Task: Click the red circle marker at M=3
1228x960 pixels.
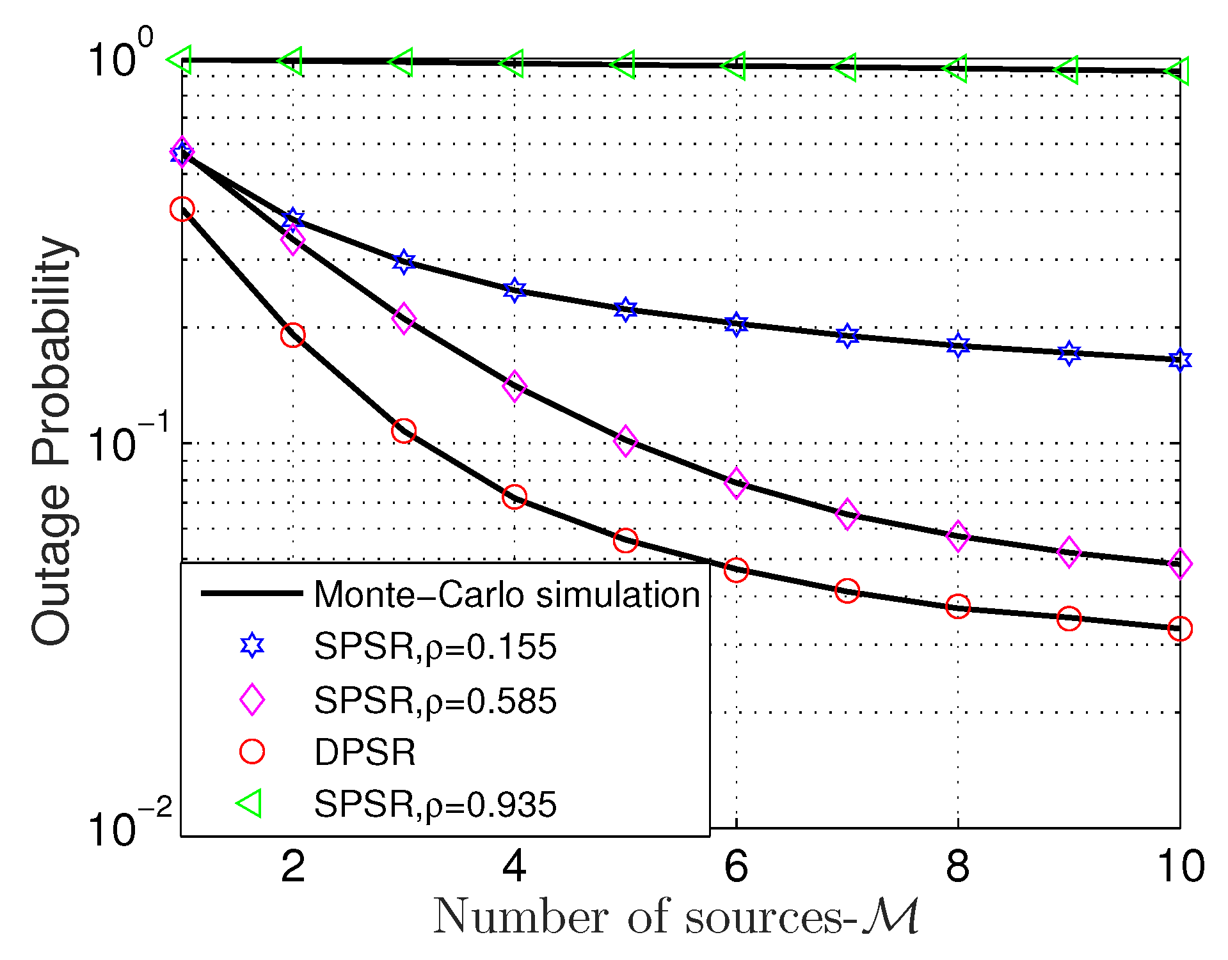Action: click(403, 431)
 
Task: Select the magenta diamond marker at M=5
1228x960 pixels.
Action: click(625, 440)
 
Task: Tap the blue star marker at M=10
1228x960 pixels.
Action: click(1179, 359)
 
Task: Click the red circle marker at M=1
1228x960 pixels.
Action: click(182, 209)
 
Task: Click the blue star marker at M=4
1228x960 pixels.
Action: click(514, 290)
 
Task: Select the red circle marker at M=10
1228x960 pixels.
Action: click(1179, 629)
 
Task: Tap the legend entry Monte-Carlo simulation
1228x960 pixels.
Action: click(507, 595)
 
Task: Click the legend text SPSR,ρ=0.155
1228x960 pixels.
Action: click(435, 647)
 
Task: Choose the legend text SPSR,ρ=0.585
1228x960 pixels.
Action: click(435, 700)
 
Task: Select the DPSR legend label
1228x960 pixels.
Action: click(365, 752)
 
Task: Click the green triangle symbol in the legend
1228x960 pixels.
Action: click(250, 803)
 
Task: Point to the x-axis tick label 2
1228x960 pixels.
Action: click(293, 867)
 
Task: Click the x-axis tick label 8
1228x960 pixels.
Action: click(957, 867)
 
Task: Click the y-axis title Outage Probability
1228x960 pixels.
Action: click(54, 441)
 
